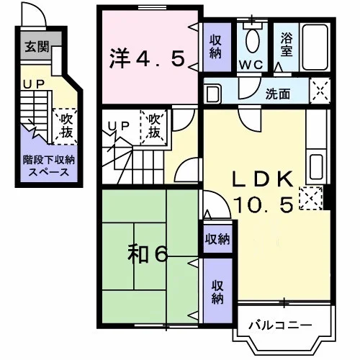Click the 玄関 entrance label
(37, 47)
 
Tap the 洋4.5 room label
(147, 58)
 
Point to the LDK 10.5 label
(264, 192)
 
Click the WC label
(251, 65)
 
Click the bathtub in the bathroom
(315, 48)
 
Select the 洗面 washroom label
(278, 94)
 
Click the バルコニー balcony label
(280, 325)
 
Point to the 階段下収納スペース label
(49, 166)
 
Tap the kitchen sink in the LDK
(316, 167)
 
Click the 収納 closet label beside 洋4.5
(215, 47)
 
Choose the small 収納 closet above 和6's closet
(217, 239)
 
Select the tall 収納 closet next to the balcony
(217, 292)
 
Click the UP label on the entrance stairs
(34, 84)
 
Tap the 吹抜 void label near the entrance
(66, 126)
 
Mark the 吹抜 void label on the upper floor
(154, 126)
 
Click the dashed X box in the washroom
(320, 91)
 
